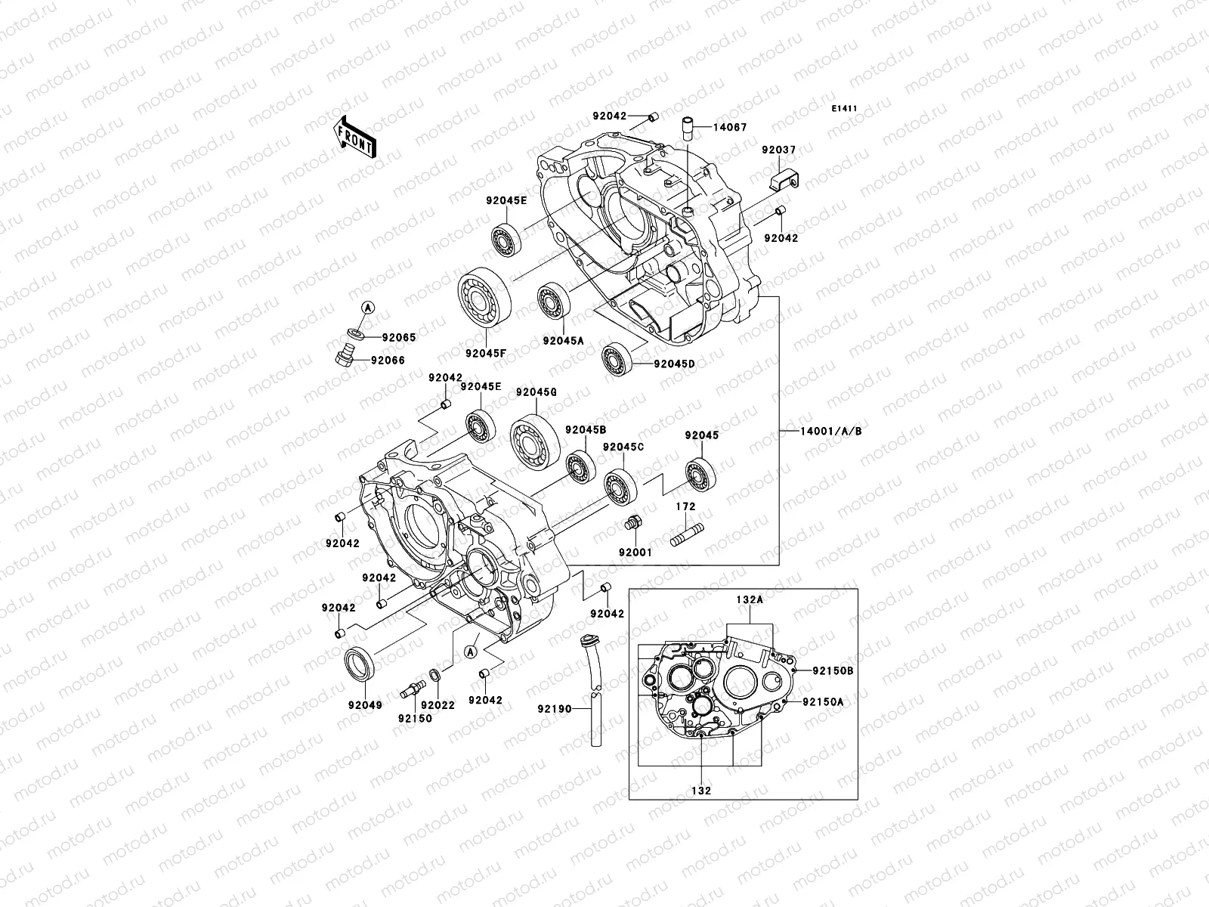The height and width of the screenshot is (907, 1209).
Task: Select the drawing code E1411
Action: pyautogui.click(x=844, y=109)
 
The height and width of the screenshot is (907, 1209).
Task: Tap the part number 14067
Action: pyautogui.click(x=730, y=128)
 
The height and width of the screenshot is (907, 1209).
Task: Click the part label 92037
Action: pyautogui.click(x=778, y=151)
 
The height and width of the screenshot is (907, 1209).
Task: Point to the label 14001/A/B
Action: pyautogui.click(x=831, y=431)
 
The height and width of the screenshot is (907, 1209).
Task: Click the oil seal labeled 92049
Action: pyautogui.click(x=360, y=667)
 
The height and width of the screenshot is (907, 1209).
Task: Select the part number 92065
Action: pyautogui.click(x=398, y=338)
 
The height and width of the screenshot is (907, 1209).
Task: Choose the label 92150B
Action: pyautogui.click(x=833, y=670)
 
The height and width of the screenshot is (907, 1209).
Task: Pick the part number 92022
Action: pyautogui.click(x=438, y=704)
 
